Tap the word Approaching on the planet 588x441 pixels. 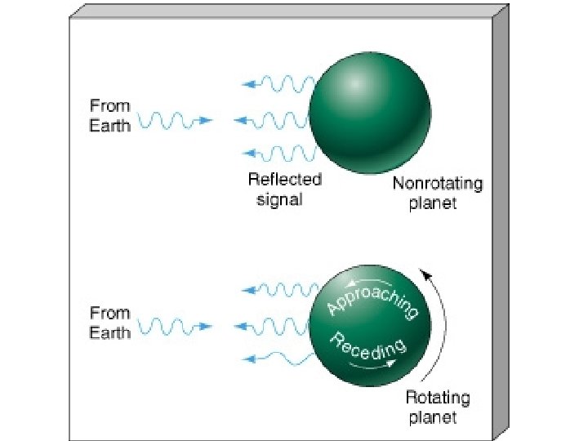[372, 298]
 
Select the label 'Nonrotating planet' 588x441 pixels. [437, 194]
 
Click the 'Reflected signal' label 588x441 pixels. [284, 189]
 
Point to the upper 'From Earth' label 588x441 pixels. [109, 116]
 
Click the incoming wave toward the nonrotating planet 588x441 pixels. [176, 121]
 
